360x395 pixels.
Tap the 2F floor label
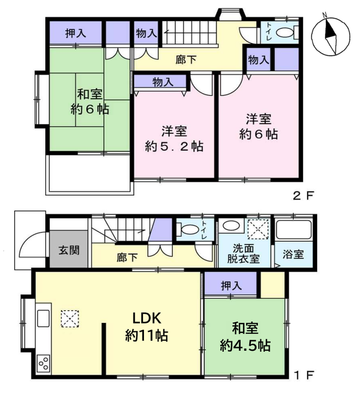(304, 196)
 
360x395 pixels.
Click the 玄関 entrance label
(69, 250)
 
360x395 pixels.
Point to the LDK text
(146, 319)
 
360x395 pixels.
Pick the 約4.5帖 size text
(245, 346)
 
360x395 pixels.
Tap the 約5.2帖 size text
(174, 147)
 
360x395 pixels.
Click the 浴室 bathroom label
(293, 254)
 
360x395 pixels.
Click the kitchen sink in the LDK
(43, 318)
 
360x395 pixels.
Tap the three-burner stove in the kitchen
(43, 363)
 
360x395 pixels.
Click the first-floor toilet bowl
(189, 230)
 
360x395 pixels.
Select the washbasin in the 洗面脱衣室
(231, 226)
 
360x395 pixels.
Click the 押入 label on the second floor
(75, 33)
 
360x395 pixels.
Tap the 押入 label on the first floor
(231, 286)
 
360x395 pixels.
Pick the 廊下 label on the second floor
(186, 60)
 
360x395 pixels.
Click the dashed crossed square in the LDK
(70, 319)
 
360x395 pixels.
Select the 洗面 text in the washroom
(243, 248)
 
